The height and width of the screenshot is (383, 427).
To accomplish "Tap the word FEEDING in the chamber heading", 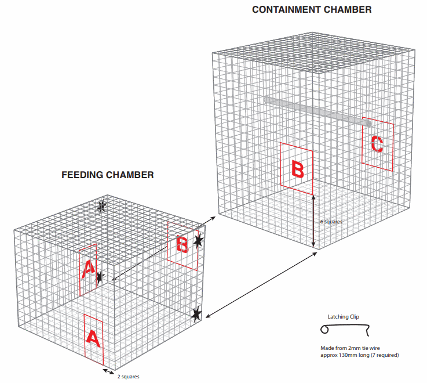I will (x=82, y=175).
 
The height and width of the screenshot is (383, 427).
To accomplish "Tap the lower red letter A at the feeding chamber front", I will (x=93, y=338).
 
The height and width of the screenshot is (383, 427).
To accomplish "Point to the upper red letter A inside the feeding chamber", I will (x=88, y=269).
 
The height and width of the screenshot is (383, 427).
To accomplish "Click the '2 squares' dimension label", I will (x=128, y=376).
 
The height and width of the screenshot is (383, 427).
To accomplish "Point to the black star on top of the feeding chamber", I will (x=102, y=205).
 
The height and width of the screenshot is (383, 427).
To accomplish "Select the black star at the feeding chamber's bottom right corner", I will (x=197, y=314).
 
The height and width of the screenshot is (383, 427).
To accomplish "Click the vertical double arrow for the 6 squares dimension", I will (x=314, y=222).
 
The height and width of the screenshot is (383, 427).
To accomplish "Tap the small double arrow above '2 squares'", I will (x=108, y=371).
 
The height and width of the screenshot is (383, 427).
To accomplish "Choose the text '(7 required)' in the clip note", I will (x=383, y=355).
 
